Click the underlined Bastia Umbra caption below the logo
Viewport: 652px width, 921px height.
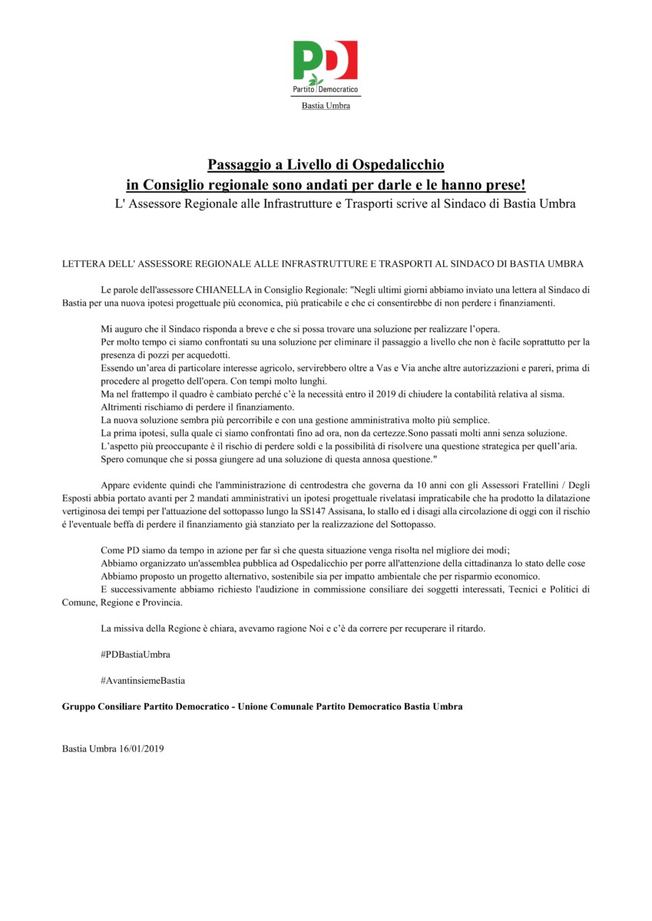pos(326,106)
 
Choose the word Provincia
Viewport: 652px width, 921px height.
pos(158,603)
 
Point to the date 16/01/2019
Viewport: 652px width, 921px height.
pos(138,747)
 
